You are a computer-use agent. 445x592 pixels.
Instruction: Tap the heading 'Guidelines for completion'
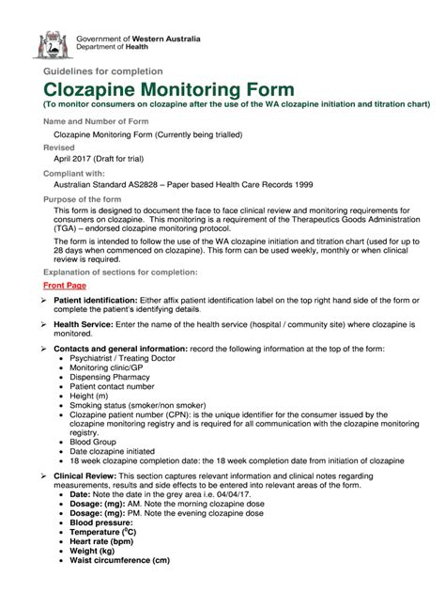coord(99,70)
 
